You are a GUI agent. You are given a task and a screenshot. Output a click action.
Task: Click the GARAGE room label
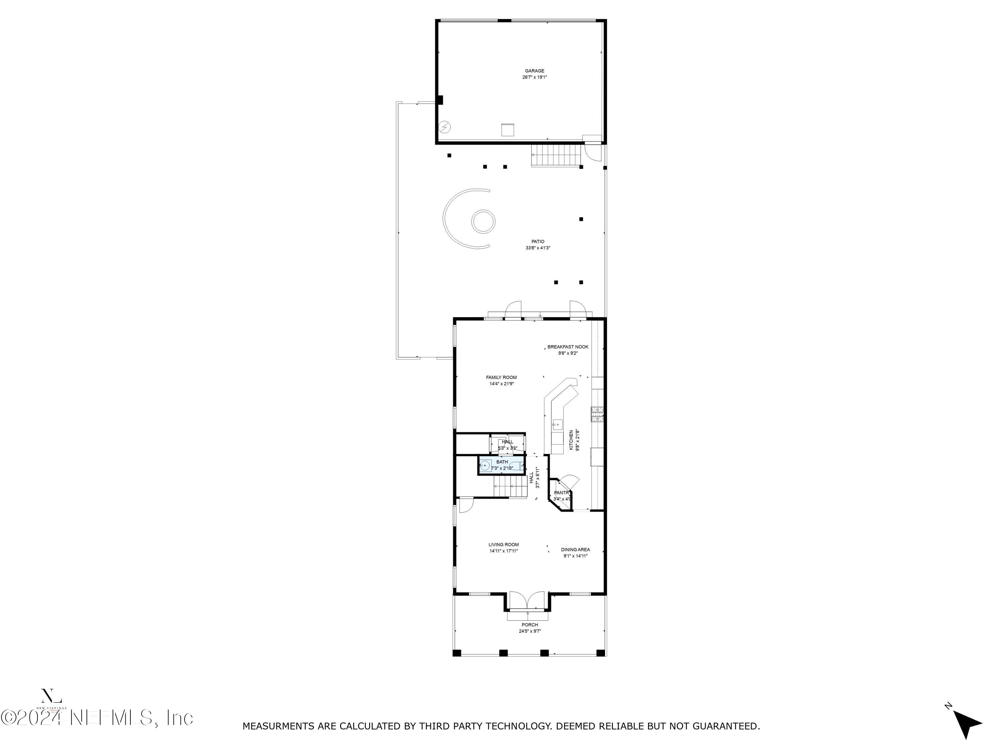click(534, 71)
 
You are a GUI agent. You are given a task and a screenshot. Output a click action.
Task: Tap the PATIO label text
click(538, 242)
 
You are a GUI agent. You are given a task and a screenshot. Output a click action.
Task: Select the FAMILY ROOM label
click(501, 377)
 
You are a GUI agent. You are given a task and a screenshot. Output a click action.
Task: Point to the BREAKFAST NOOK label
click(568, 347)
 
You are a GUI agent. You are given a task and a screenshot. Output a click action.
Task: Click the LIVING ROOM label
click(503, 544)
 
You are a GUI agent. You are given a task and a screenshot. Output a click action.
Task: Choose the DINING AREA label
click(575, 549)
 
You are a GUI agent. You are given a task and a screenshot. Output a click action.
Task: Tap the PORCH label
click(530, 625)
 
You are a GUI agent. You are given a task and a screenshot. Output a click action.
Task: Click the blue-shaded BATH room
click(501, 465)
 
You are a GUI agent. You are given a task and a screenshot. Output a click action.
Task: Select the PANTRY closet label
click(561, 493)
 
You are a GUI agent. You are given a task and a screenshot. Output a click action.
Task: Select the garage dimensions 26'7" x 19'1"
click(534, 77)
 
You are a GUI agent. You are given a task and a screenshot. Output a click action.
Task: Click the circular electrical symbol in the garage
click(445, 127)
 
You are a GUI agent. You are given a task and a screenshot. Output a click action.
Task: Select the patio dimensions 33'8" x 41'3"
click(538, 248)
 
